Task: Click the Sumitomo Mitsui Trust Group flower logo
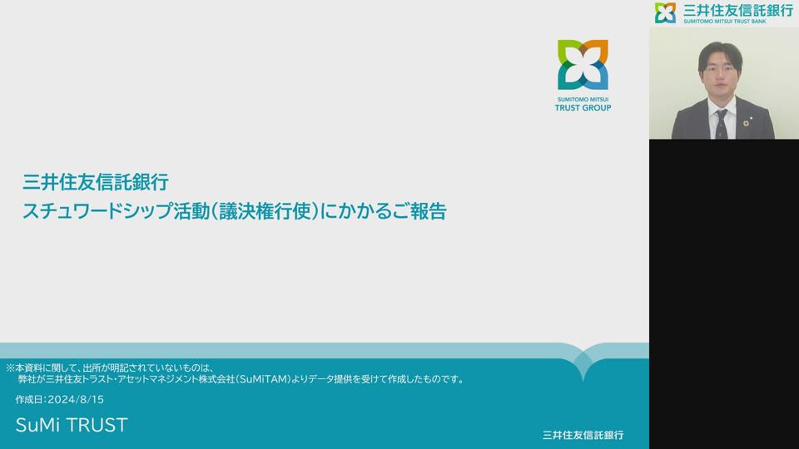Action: [583, 65]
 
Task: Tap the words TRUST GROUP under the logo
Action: [583, 108]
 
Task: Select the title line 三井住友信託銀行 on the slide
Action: [95, 182]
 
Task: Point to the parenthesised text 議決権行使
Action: [264, 210]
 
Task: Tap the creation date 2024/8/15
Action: [76, 400]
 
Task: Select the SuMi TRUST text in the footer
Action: [72, 425]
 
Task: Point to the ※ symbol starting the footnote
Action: [10, 368]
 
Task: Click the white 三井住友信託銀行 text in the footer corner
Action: [583, 435]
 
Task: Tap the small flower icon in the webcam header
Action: [666, 12]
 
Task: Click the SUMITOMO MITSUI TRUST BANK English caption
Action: [725, 22]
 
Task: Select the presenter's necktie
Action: [721, 124]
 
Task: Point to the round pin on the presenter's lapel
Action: [746, 123]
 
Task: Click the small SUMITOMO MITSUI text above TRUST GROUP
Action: [583, 99]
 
